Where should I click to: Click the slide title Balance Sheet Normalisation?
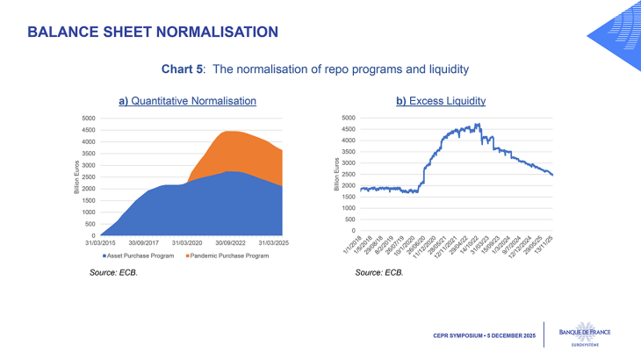point(153,32)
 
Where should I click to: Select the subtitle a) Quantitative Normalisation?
point(187,101)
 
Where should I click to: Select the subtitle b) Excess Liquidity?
point(440,101)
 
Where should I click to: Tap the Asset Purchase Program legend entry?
point(140,256)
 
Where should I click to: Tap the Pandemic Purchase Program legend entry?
point(227,256)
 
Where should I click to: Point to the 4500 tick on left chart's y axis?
point(88,130)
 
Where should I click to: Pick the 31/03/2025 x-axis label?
point(281,243)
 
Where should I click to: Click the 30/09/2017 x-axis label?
point(143,243)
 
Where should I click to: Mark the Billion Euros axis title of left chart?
point(77,176)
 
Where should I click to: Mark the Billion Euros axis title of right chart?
point(336,174)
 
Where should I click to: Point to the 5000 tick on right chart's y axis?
point(348,118)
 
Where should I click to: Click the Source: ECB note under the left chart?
point(113,273)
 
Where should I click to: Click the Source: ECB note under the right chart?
point(378,273)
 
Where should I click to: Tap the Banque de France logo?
point(590,335)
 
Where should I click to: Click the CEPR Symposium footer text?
point(484,335)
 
